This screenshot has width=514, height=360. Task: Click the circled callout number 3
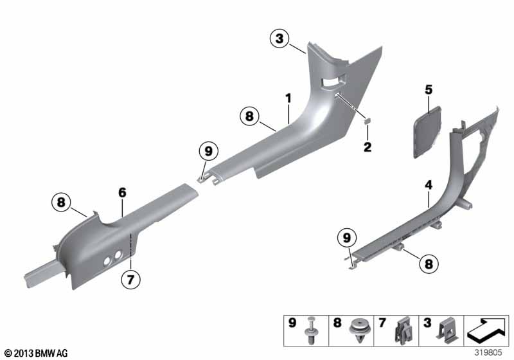[279, 39]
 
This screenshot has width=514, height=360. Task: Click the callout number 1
[288, 98]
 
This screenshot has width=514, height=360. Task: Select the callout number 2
[368, 147]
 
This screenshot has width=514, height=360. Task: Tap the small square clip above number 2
[368, 121]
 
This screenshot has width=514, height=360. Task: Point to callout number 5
[429, 89]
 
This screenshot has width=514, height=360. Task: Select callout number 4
[429, 185]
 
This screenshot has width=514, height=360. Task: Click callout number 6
[122, 192]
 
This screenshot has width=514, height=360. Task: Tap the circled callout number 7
[130, 280]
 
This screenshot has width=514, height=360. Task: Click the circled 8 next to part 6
[61, 202]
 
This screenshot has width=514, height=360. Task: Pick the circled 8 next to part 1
[249, 116]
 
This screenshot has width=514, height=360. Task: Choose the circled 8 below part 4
[429, 264]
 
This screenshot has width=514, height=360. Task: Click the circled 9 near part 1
[208, 151]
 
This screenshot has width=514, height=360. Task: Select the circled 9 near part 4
[347, 237]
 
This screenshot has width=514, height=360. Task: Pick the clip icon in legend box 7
[404, 330]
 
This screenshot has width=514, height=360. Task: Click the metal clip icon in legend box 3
[447, 330]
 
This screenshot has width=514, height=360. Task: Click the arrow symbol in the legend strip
[486, 330]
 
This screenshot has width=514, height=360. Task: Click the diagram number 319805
[488, 353]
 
